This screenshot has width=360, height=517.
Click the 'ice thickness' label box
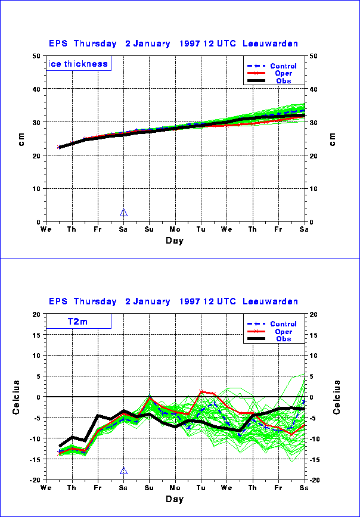(78, 64)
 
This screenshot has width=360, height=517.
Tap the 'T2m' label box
(78, 322)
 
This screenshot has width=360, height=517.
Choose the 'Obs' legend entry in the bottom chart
(283, 339)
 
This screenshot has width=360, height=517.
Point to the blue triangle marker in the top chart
(123, 213)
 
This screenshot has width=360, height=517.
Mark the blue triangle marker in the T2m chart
(123, 471)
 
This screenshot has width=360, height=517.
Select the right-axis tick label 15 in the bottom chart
(314, 335)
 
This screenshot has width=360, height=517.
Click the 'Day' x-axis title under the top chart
(175, 241)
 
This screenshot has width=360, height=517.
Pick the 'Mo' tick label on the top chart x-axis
(175, 229)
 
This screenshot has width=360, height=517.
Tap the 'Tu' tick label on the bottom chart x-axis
(201, 487)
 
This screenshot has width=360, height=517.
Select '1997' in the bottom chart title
(185, 301)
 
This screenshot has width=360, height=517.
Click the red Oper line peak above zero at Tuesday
(201, 391)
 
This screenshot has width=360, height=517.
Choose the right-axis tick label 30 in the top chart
(314, 123)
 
